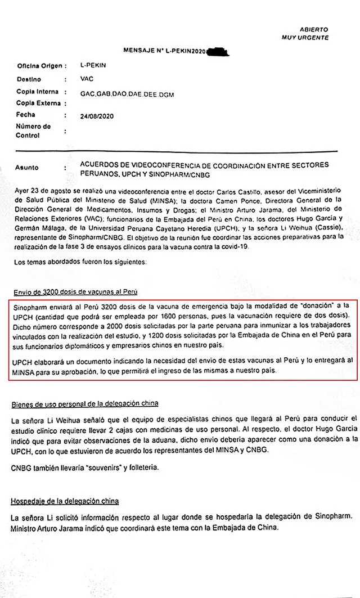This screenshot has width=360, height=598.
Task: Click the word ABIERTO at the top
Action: pyautogui.click(x=314, y=29)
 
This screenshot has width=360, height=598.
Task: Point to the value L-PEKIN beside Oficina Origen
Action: pyautogui.click(x=93, y=65)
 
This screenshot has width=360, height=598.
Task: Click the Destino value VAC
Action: pyautogui.click(x=88, y=79)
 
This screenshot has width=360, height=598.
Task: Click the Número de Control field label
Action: pyautogui.click(x=34, y=131)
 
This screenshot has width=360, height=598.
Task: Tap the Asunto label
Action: pyautogui.click(x=28, y=167)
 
